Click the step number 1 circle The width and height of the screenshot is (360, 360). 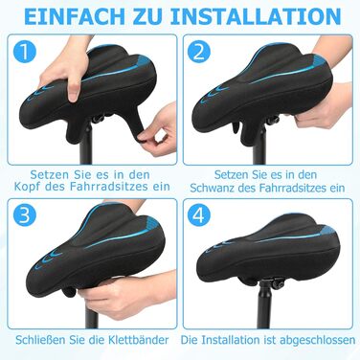click(x=25, y=53)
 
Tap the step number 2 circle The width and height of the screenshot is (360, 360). click(x=199, y=52)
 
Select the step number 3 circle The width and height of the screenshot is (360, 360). click(x=25, y=215)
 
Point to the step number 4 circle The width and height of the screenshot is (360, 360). click(x=199, y=215)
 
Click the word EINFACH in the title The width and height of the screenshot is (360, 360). click(x=75, y=17)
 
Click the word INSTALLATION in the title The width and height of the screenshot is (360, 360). click(x=256, y=17)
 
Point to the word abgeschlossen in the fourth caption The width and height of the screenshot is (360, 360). click(x=318, y=340)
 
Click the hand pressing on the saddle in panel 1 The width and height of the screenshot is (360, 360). click(x=66, y=70)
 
